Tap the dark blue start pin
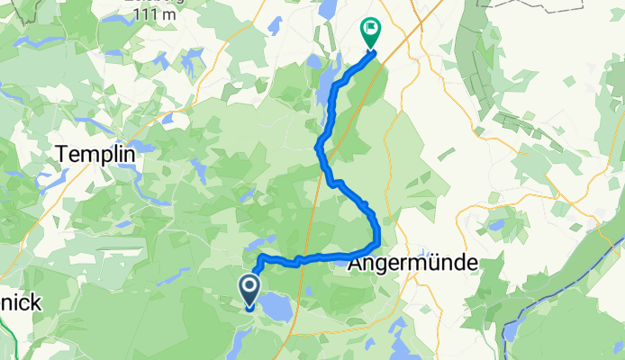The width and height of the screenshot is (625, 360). click(249, 291)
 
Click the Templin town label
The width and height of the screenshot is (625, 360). click(95, 154)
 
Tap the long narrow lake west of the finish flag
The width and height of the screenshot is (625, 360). click(322, 90)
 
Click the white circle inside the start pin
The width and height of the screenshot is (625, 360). click(249, 286)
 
